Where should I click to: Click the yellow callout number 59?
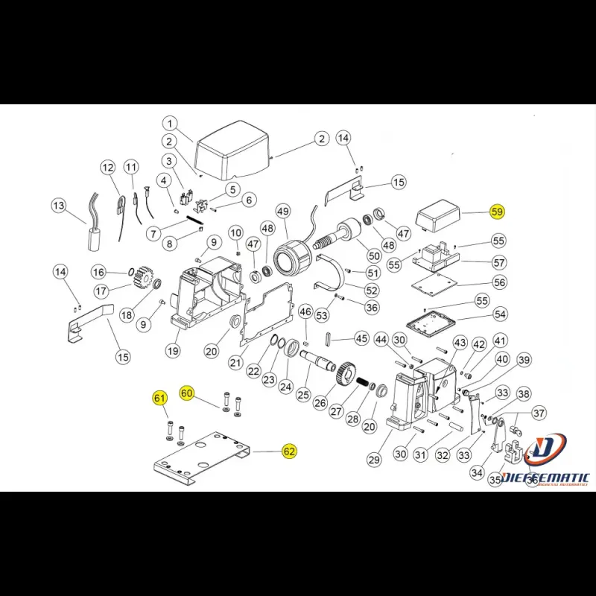point(497,212)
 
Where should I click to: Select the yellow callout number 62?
point(289,451)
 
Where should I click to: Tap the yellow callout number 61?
point(159,398)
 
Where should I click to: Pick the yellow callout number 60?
point(187,393)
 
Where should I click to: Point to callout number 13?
point(59,205)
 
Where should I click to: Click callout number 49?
point(282,212)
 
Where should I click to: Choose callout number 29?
point(374,460)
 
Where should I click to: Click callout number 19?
point(173,351)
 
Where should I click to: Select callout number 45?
point(361,338)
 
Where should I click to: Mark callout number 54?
point(499,314)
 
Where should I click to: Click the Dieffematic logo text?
point(545,478)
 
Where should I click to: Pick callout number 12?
point(107,167)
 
